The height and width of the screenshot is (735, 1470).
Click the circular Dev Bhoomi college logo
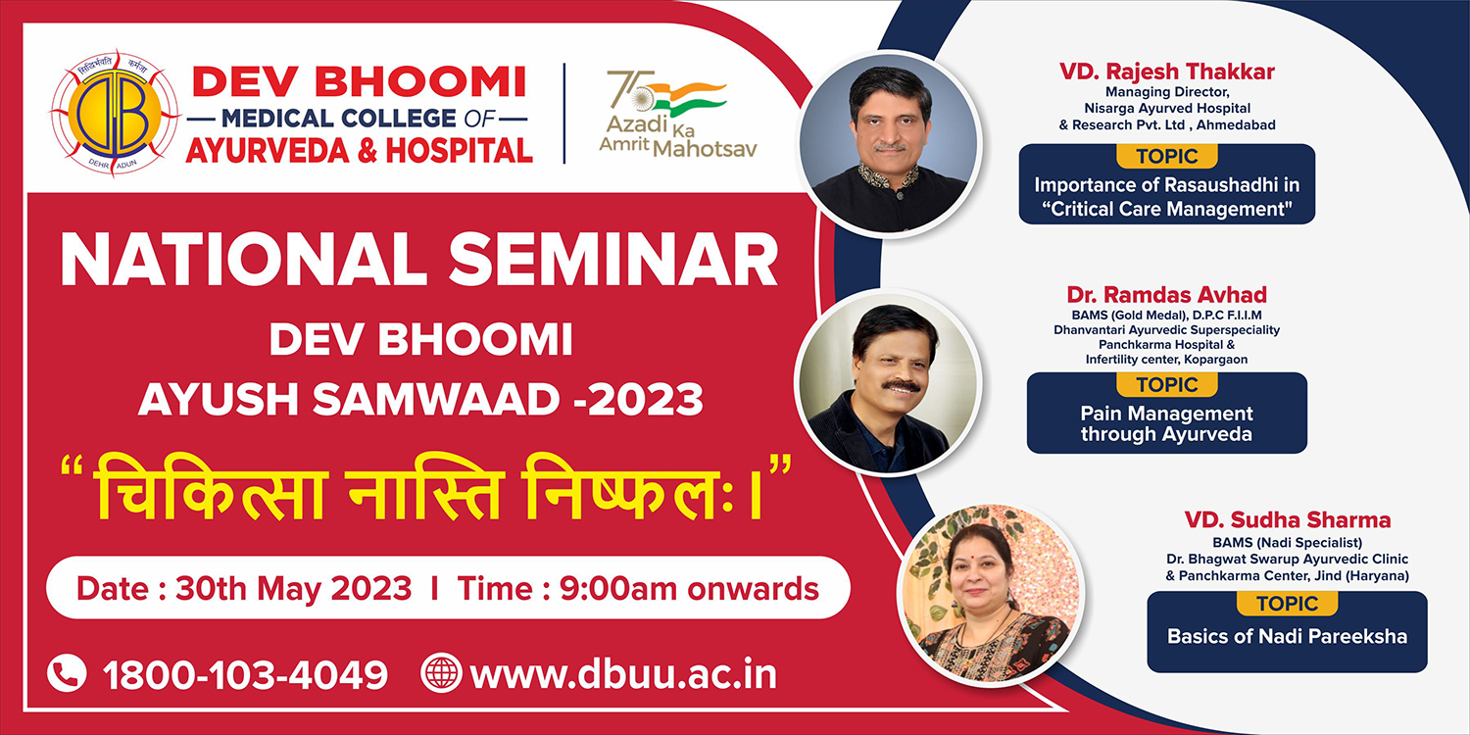coord(115,113)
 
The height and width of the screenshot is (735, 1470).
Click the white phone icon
coord(67,672)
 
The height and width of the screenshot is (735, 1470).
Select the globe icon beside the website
coord(441,672)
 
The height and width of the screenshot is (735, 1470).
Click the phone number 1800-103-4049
coord(245,674)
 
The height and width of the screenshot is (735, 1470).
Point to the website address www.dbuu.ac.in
coord(623,674)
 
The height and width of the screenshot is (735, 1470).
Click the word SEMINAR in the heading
coord(613,260)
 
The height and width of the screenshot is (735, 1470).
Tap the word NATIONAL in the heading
coord(244,260)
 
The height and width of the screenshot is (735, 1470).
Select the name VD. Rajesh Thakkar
coord(1167,72)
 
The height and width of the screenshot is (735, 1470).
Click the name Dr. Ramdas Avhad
coord(1166,295)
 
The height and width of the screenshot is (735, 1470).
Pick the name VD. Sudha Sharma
coord(1288,519)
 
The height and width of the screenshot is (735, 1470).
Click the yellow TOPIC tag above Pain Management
coord(1167,384)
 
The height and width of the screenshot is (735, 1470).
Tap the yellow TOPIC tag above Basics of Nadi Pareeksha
coord(1287,604)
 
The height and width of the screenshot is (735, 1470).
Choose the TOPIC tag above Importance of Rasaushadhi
coord(1167,156)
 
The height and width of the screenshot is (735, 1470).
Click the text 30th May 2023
coord(293,588)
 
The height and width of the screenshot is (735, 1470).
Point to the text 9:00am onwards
coord(689,588)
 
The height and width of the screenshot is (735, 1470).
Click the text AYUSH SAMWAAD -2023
coord(420,399)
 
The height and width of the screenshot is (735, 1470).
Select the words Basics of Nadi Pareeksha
coord(1287,636)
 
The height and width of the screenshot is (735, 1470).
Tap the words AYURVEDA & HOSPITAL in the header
coord(359,150)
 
